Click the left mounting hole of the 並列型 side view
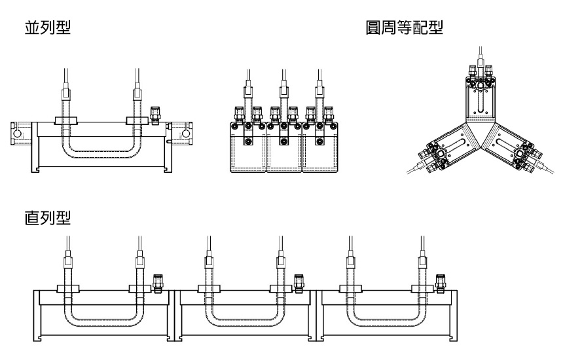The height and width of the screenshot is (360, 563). click(x=17, y=134)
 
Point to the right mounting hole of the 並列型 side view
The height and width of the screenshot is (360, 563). click(x=187, y=134)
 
